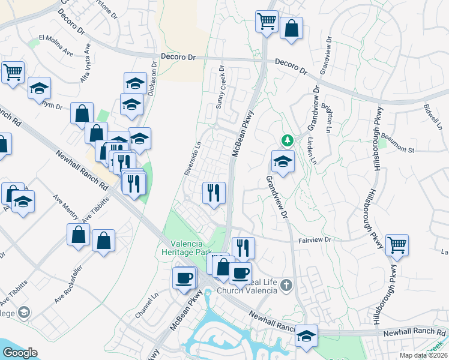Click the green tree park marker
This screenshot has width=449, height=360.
(x=288, y=140)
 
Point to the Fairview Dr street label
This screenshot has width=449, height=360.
(x=315, y=240)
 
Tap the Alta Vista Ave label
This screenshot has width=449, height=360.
(x=85, y=63)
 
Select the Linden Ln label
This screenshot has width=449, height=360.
(x=312, y=151)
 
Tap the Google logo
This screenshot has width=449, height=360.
(x=20, y=353)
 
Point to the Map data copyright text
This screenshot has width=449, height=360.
(x=423, y=356)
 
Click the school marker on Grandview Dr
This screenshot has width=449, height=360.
(x=283, y=161)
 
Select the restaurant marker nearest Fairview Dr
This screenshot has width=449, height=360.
(x=243, y=247)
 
